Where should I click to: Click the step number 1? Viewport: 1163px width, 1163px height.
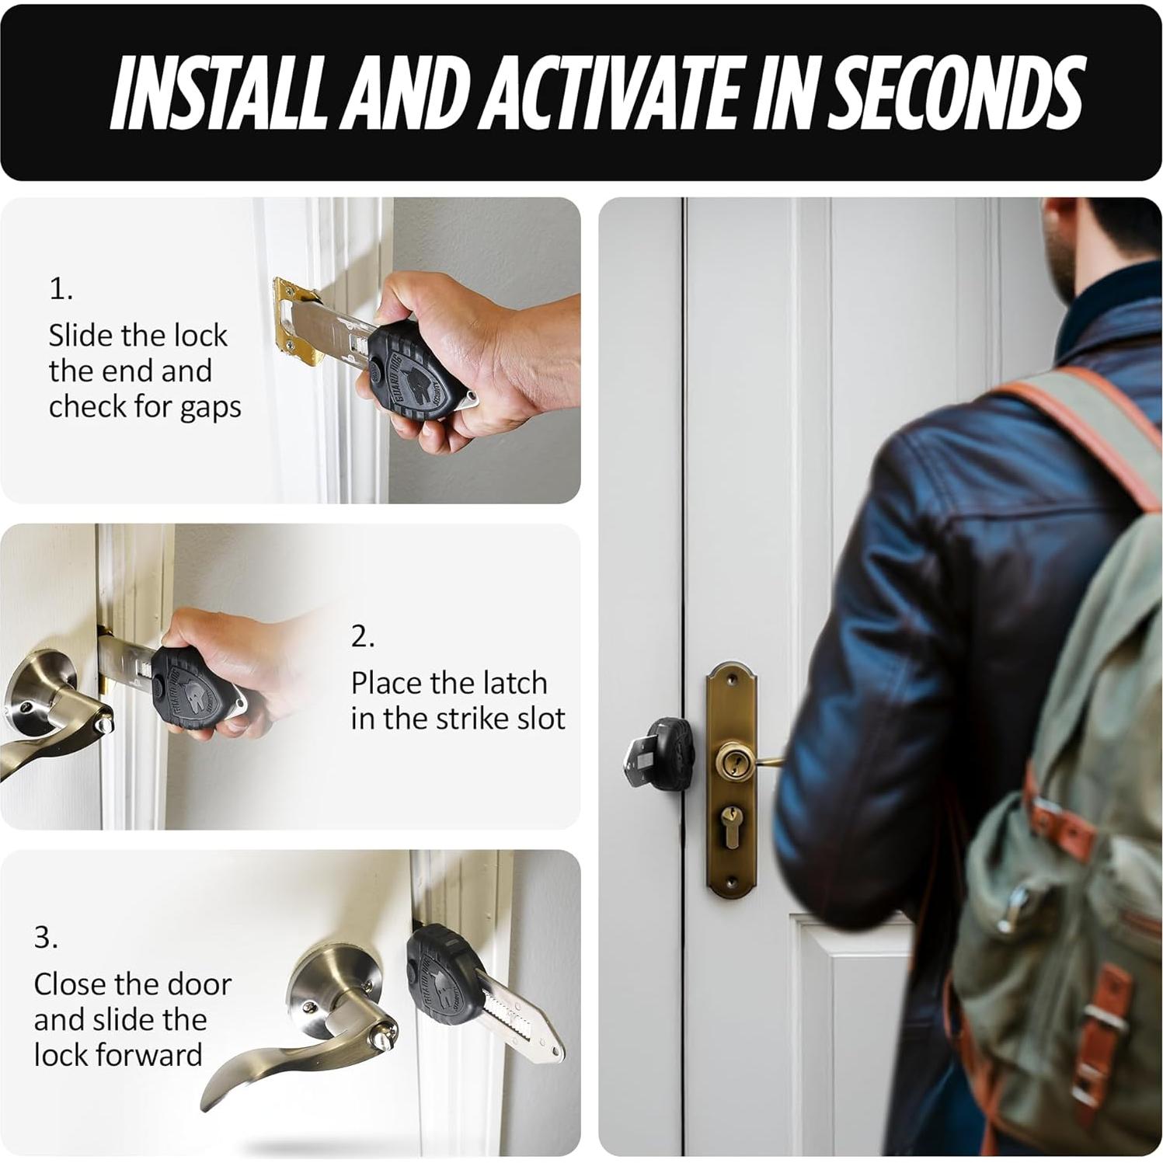pos(61,289)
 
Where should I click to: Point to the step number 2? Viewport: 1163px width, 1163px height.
pos(363,636)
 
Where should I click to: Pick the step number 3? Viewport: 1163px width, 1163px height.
pos(46,938)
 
